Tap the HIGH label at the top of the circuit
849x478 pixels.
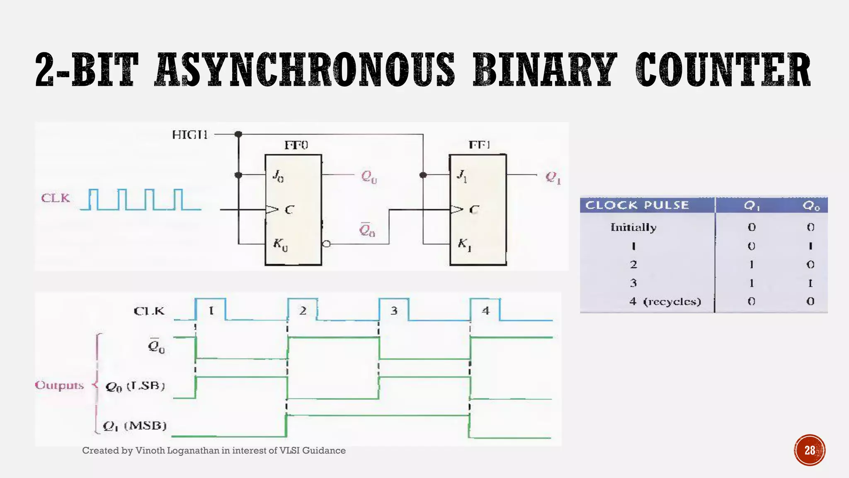[x=190, y=135]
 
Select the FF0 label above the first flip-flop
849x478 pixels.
[x=296, y=145]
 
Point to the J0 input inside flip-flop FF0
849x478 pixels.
[x=278, y=176]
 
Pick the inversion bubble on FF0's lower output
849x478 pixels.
[x=326, y=244]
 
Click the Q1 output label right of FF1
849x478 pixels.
[x=553, y=178]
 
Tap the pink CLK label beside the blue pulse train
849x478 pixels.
[x=56, y=198]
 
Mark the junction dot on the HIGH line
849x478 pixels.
[x=238, y=134]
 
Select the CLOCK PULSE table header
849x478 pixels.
[x=637, y=205]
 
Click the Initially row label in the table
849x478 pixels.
[x=633, y=227]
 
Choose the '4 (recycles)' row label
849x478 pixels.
[x=665, y=302]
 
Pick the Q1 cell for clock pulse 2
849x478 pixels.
[x=751, y=265]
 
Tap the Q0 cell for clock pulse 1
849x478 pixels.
[x=810, y=246]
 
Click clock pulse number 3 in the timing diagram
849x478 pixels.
[x=394, y=310]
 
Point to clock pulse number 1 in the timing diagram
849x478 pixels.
[x=211, y=310]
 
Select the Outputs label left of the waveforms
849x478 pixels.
[x=59, y=385]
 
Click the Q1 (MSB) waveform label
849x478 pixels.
[x=135, y=426]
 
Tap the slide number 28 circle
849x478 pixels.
[x=810, y=450]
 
